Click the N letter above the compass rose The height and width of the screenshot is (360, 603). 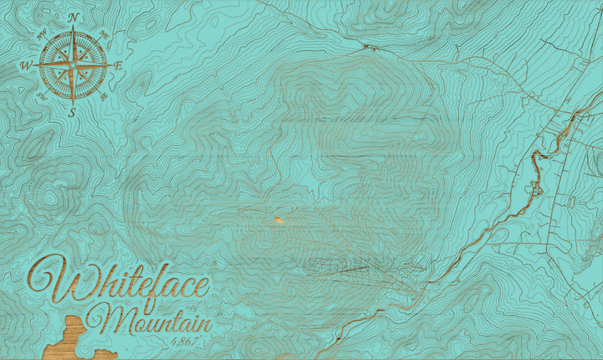[73, 18]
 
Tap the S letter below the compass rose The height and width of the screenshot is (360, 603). [72, 112]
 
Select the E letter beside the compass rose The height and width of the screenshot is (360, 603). [118, 65]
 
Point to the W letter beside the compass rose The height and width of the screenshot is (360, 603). [25, 65]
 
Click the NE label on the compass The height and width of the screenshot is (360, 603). [104, 35]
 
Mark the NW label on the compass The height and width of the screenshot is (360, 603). [41, 34]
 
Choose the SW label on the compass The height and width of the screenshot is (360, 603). [42, 95]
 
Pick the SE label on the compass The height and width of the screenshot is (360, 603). [103, 95]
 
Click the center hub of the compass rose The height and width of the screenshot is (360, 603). [73, 64]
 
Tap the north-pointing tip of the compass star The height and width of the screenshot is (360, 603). [73, 28]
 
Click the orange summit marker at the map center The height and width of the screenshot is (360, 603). [276, 221]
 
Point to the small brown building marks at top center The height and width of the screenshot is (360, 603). [367, 48]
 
